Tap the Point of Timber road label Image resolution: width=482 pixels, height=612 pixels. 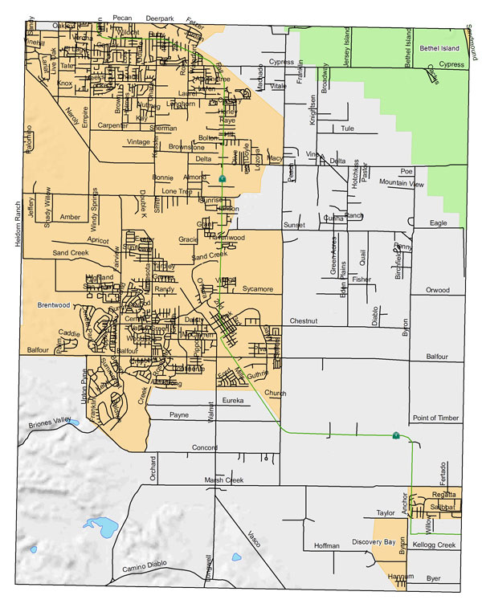point(435,418)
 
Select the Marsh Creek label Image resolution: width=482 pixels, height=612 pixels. point(223,480)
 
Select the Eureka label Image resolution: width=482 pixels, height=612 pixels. point(232,400)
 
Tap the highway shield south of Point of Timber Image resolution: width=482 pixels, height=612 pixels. point(395,435)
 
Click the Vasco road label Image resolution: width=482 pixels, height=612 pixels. point(253,541)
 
